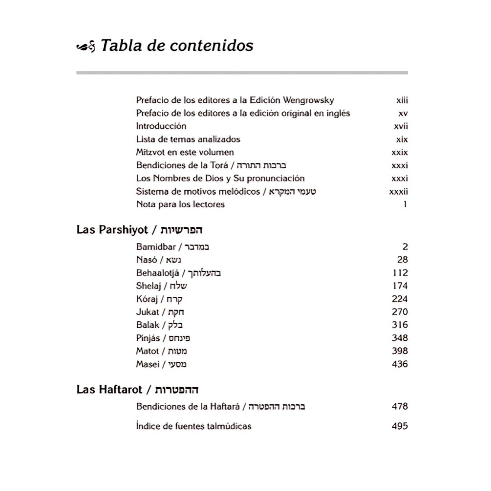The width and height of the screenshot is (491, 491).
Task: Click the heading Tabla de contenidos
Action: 176,46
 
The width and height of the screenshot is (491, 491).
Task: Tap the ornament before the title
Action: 85,46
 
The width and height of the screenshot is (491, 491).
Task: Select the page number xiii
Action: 402,100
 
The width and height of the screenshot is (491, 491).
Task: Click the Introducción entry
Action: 161,126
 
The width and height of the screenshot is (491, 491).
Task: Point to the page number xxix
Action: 400,153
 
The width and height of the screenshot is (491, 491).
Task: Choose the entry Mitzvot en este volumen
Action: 185,152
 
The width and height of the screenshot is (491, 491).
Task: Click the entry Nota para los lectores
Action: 180,205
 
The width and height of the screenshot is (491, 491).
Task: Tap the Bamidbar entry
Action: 172,247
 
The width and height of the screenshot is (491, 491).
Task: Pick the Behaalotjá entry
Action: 178,273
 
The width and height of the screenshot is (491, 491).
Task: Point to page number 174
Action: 400,286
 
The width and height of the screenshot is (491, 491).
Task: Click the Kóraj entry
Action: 159,299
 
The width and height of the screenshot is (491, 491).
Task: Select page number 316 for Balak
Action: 400,325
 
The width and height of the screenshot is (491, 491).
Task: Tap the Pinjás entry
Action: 163,338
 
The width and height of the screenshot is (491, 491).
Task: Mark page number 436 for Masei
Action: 400,364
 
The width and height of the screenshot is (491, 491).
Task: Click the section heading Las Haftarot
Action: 137,390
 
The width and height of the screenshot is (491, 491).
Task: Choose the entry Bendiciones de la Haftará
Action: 220,406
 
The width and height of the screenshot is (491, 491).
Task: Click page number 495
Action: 400,426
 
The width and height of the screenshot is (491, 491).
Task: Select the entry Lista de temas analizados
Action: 188,140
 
